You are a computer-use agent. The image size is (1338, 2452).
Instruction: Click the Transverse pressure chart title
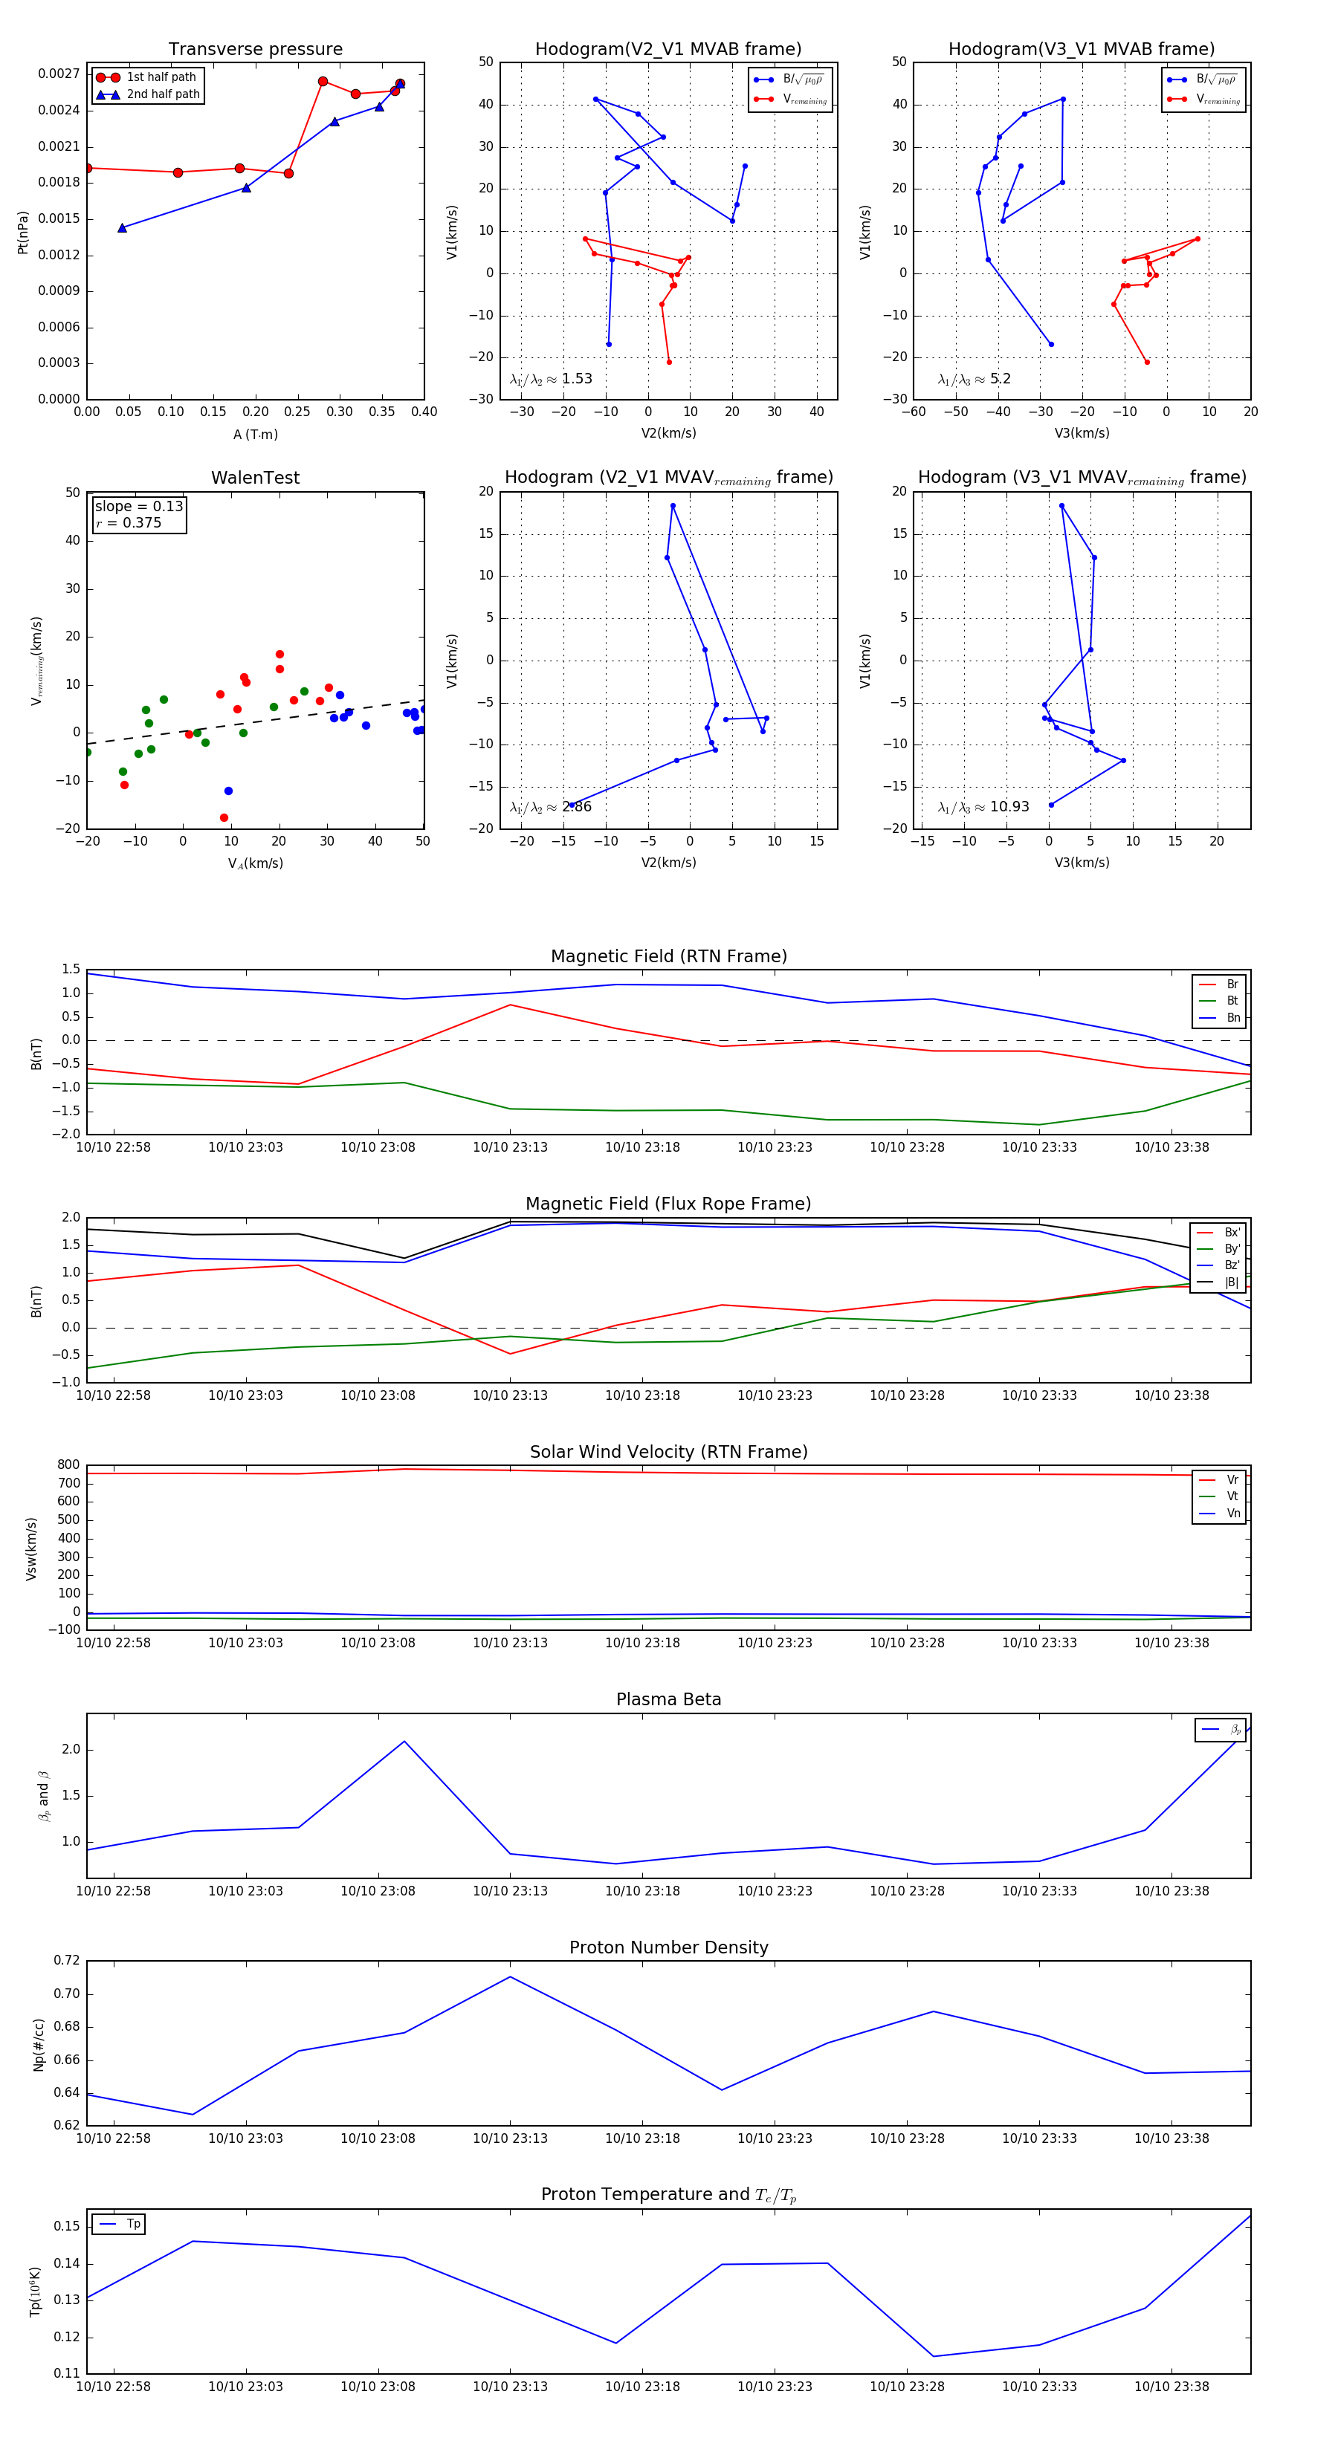click(255, 50)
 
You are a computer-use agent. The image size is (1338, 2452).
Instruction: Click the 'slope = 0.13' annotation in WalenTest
click(139, 507)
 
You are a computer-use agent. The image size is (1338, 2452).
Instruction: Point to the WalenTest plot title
click(255, 478)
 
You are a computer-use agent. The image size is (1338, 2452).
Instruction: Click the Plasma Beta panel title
click(668, 1699)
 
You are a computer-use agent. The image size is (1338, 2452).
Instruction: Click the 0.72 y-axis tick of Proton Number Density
click(67, 1961)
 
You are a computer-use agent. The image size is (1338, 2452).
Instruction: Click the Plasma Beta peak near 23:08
click(404, 1741)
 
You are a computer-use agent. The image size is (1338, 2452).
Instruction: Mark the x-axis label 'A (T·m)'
click(255, 434)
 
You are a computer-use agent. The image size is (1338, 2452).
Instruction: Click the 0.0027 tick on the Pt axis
click(58, 74)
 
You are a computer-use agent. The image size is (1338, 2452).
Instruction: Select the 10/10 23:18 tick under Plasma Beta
click(643, 1890)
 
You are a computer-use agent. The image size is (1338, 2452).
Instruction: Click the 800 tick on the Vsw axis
click(68, 1465)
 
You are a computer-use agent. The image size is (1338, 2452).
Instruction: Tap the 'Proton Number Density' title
click(668, 1947)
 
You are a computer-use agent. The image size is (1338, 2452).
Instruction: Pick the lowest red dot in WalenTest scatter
click(224, 817)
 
